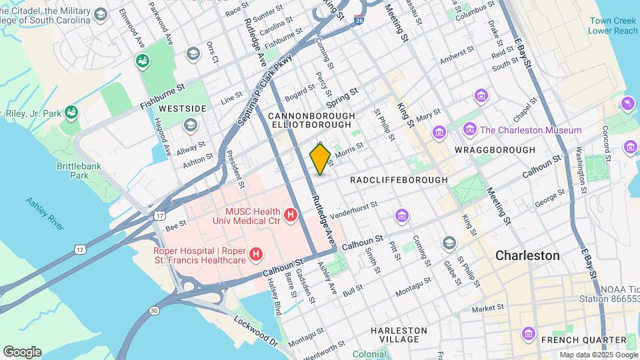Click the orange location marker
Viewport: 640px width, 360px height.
pos(321,159)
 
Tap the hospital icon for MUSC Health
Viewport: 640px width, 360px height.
pos(291,215)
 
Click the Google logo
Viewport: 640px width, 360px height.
pos(22,351)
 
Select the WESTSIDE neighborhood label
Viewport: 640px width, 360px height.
pos(164,108)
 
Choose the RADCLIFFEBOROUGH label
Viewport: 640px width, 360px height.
pos(398,180)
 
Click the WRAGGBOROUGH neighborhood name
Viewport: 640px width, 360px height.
pos(495,150)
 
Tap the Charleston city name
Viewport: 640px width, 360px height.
pos(527,255)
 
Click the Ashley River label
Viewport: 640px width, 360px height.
pos(45,213)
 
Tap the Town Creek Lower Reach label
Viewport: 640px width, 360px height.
pos(613,25)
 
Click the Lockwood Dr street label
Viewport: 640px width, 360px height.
pos(256,330)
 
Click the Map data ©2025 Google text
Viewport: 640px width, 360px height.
pos(598,355)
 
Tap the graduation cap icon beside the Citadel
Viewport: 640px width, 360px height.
pos(101,14)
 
